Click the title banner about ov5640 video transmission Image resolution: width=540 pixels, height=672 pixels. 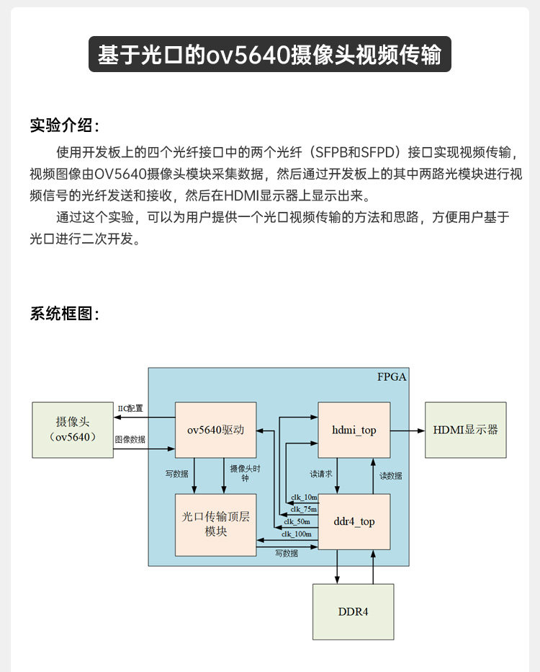(x=269, y=55)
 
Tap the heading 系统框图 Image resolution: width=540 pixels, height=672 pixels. (x=63, y=314)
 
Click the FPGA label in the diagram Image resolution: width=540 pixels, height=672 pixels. (x=392, y=377)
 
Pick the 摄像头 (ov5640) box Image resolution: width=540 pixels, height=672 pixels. (x=72, y=430)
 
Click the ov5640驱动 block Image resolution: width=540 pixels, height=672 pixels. (x=216, y=430)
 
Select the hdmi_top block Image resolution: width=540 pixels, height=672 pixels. (x=354, y=430)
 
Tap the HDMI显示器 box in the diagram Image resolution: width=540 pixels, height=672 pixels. (x=465, y=430)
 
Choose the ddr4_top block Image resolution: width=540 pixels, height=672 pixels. (x=354, y=521)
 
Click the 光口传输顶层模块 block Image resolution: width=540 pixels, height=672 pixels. (x=216, y=524)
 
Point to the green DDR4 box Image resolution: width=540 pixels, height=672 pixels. (x=353, y=611)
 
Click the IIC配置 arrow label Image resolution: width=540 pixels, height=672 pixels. (x=130, y=408)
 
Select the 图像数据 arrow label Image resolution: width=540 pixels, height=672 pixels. (x=130, y=439)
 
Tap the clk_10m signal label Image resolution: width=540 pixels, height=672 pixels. (x=304, y=498)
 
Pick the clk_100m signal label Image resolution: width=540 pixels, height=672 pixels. (x=297, y=534)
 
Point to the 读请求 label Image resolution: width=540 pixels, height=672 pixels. (x=320, y=474)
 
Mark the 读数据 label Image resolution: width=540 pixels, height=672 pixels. (x=391, y=476)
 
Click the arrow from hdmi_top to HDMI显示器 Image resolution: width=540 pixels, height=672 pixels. (x=408, y=430)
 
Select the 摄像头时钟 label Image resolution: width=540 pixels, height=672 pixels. (x=244, y=473)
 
